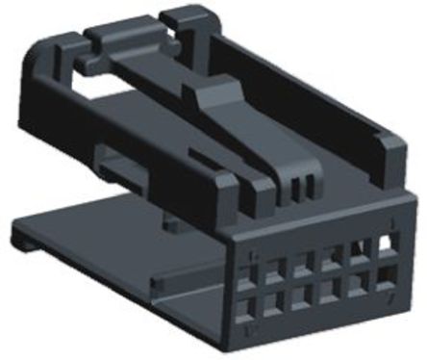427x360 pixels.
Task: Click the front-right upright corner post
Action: (x=389, y=159)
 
